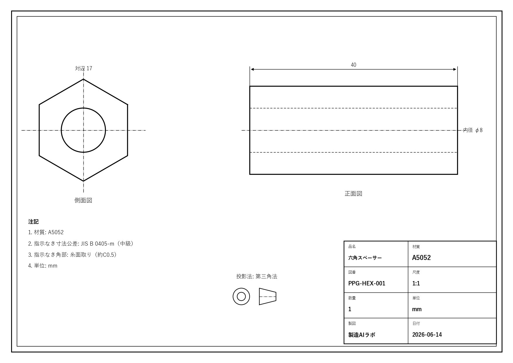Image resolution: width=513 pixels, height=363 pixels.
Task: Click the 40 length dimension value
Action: [354, 65]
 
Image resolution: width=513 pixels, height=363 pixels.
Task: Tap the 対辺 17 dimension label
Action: [83, 68]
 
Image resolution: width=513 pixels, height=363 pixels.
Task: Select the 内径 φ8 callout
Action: [473, 130]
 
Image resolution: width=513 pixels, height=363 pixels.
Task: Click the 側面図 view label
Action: [83, 200]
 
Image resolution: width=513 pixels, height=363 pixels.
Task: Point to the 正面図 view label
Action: [354, 194]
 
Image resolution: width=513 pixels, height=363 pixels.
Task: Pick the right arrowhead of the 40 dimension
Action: [454, 69]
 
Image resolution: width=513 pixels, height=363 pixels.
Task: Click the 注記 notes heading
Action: [33, 222]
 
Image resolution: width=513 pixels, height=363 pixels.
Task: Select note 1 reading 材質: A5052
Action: [46, 232]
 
